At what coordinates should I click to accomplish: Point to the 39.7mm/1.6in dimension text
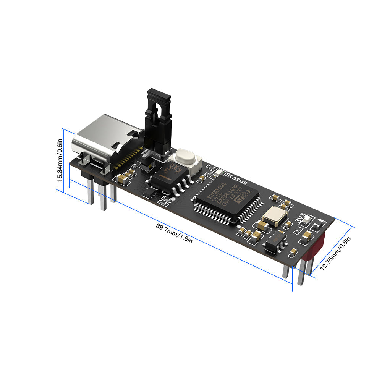(x=174, y=233)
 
